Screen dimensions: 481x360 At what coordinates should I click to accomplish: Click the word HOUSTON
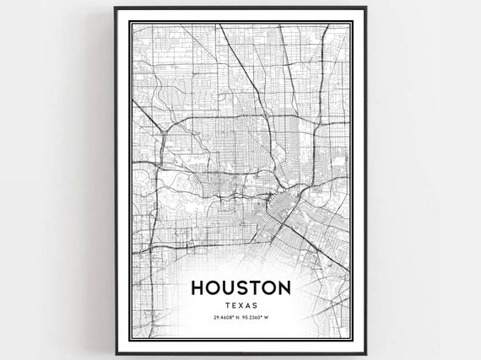click(x=240, y=287)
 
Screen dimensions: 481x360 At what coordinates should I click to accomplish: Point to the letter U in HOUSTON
click(x=232, y=287)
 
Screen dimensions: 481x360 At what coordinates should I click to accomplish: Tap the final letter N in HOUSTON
click(x=284, y=287)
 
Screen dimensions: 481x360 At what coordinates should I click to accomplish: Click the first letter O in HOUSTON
click(x=214, y=287)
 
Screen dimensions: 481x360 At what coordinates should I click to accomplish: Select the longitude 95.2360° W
click(x=257, y=320)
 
